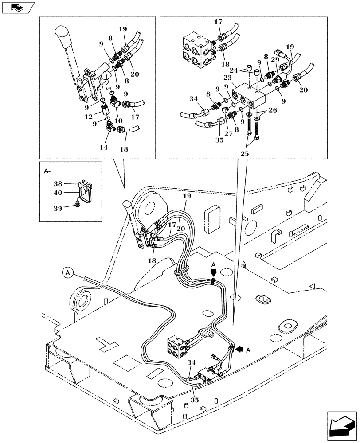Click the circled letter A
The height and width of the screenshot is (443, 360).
(68, 273)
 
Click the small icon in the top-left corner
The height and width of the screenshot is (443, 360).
(18, 7)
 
